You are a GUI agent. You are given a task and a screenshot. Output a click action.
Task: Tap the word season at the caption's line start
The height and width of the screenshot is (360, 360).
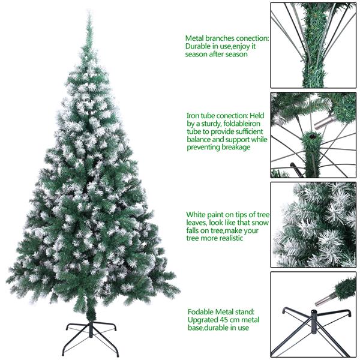197,54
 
